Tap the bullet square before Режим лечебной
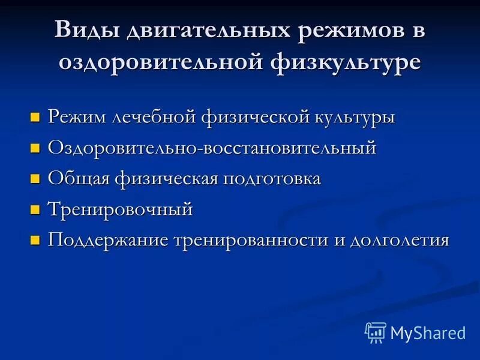point(35,116)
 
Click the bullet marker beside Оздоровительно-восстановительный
point(35,148)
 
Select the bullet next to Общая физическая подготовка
point(35,179)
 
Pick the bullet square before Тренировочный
point(35,210)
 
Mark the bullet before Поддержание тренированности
point(35,241)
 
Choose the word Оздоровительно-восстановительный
point(212,147)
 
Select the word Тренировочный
point(121,209)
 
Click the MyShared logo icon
point(375,332)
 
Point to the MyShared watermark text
point(428,332)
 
